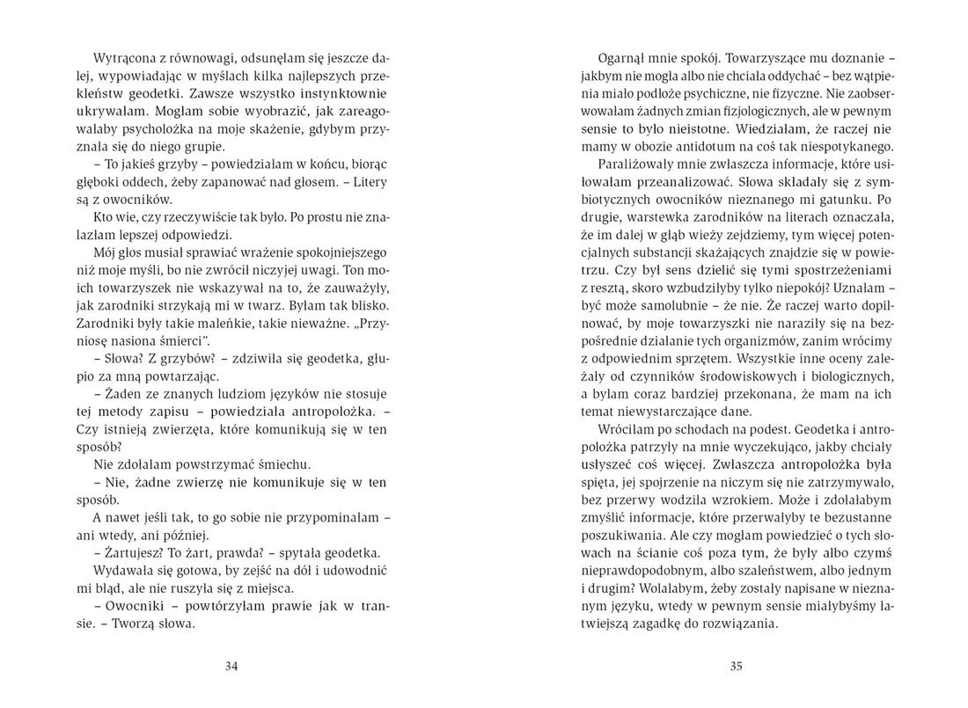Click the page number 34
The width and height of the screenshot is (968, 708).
[x=231, y=666]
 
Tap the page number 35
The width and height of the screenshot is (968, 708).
[x=737, y=666]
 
